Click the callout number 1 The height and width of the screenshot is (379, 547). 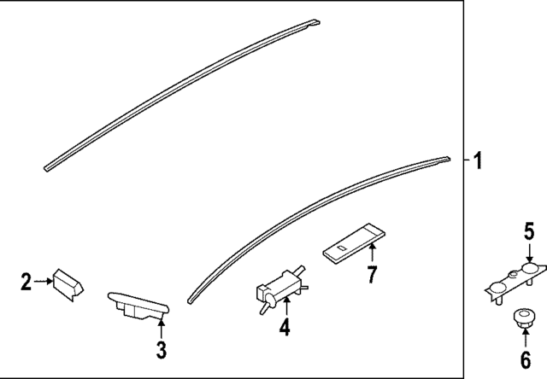coord(478,160)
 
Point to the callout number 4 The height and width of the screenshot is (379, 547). coord(284,327)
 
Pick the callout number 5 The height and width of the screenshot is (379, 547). coord(529,230)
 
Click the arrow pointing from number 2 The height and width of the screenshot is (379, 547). coord(44,280)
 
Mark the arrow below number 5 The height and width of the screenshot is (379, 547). coord(529,252)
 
